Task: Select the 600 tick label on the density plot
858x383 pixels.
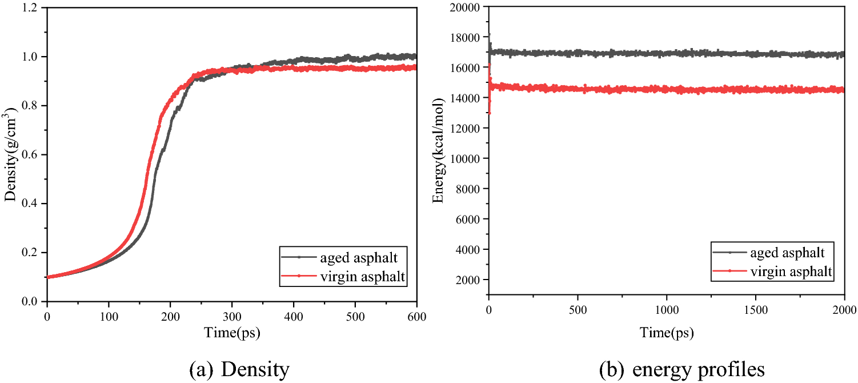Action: (x=416, y=314)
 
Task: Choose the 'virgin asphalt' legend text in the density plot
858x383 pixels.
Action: (x=365, y=277)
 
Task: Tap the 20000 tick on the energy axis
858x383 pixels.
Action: (x=466, y=7)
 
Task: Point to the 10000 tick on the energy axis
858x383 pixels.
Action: (x=466, y=158)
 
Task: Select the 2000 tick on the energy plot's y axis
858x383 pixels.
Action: (x=468, y=280)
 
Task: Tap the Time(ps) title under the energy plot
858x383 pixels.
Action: (x=666, y=332)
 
